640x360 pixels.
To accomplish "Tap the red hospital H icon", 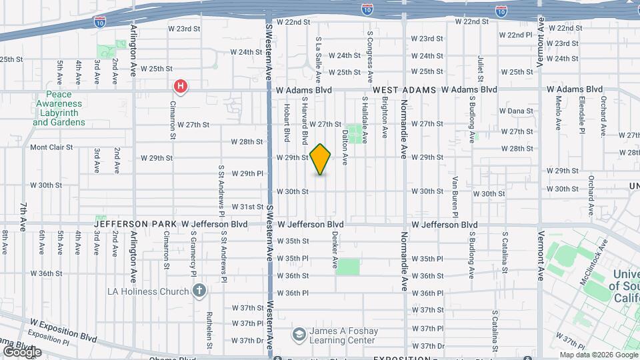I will click(x=180, y=86).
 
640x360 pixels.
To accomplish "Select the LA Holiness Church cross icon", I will click(x=199, y=291).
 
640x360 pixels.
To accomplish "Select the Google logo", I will click(x=22, y=351).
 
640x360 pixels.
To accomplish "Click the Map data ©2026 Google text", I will click(x=597, y=355).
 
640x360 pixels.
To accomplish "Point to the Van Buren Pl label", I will click(x=455, y=187).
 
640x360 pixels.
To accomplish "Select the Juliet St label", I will click(x=480, y=70).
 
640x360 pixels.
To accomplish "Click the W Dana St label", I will click(x=517, y=111).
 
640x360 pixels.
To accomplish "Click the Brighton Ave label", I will click(x=385, y=117).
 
